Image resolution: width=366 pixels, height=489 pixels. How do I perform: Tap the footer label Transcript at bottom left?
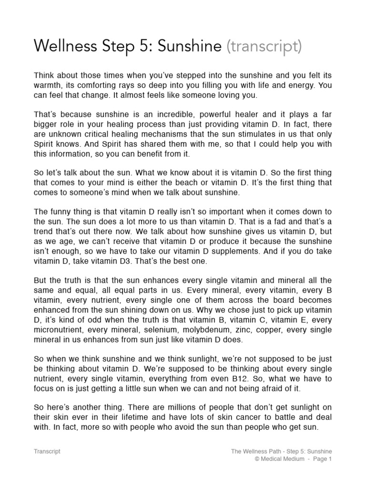(x=47, y=451)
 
